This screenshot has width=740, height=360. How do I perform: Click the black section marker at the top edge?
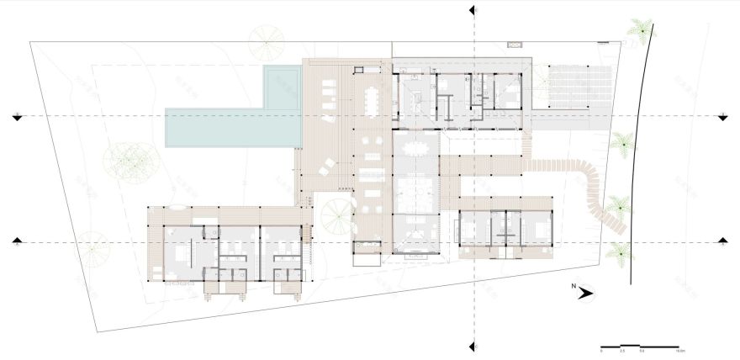coord(473,9)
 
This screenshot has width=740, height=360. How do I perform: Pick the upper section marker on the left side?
coord(16,116)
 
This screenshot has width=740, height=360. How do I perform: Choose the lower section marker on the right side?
coord(722,241)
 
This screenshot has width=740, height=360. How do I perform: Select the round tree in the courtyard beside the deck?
coord(335,217)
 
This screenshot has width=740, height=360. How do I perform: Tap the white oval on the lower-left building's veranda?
coord(177,207)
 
